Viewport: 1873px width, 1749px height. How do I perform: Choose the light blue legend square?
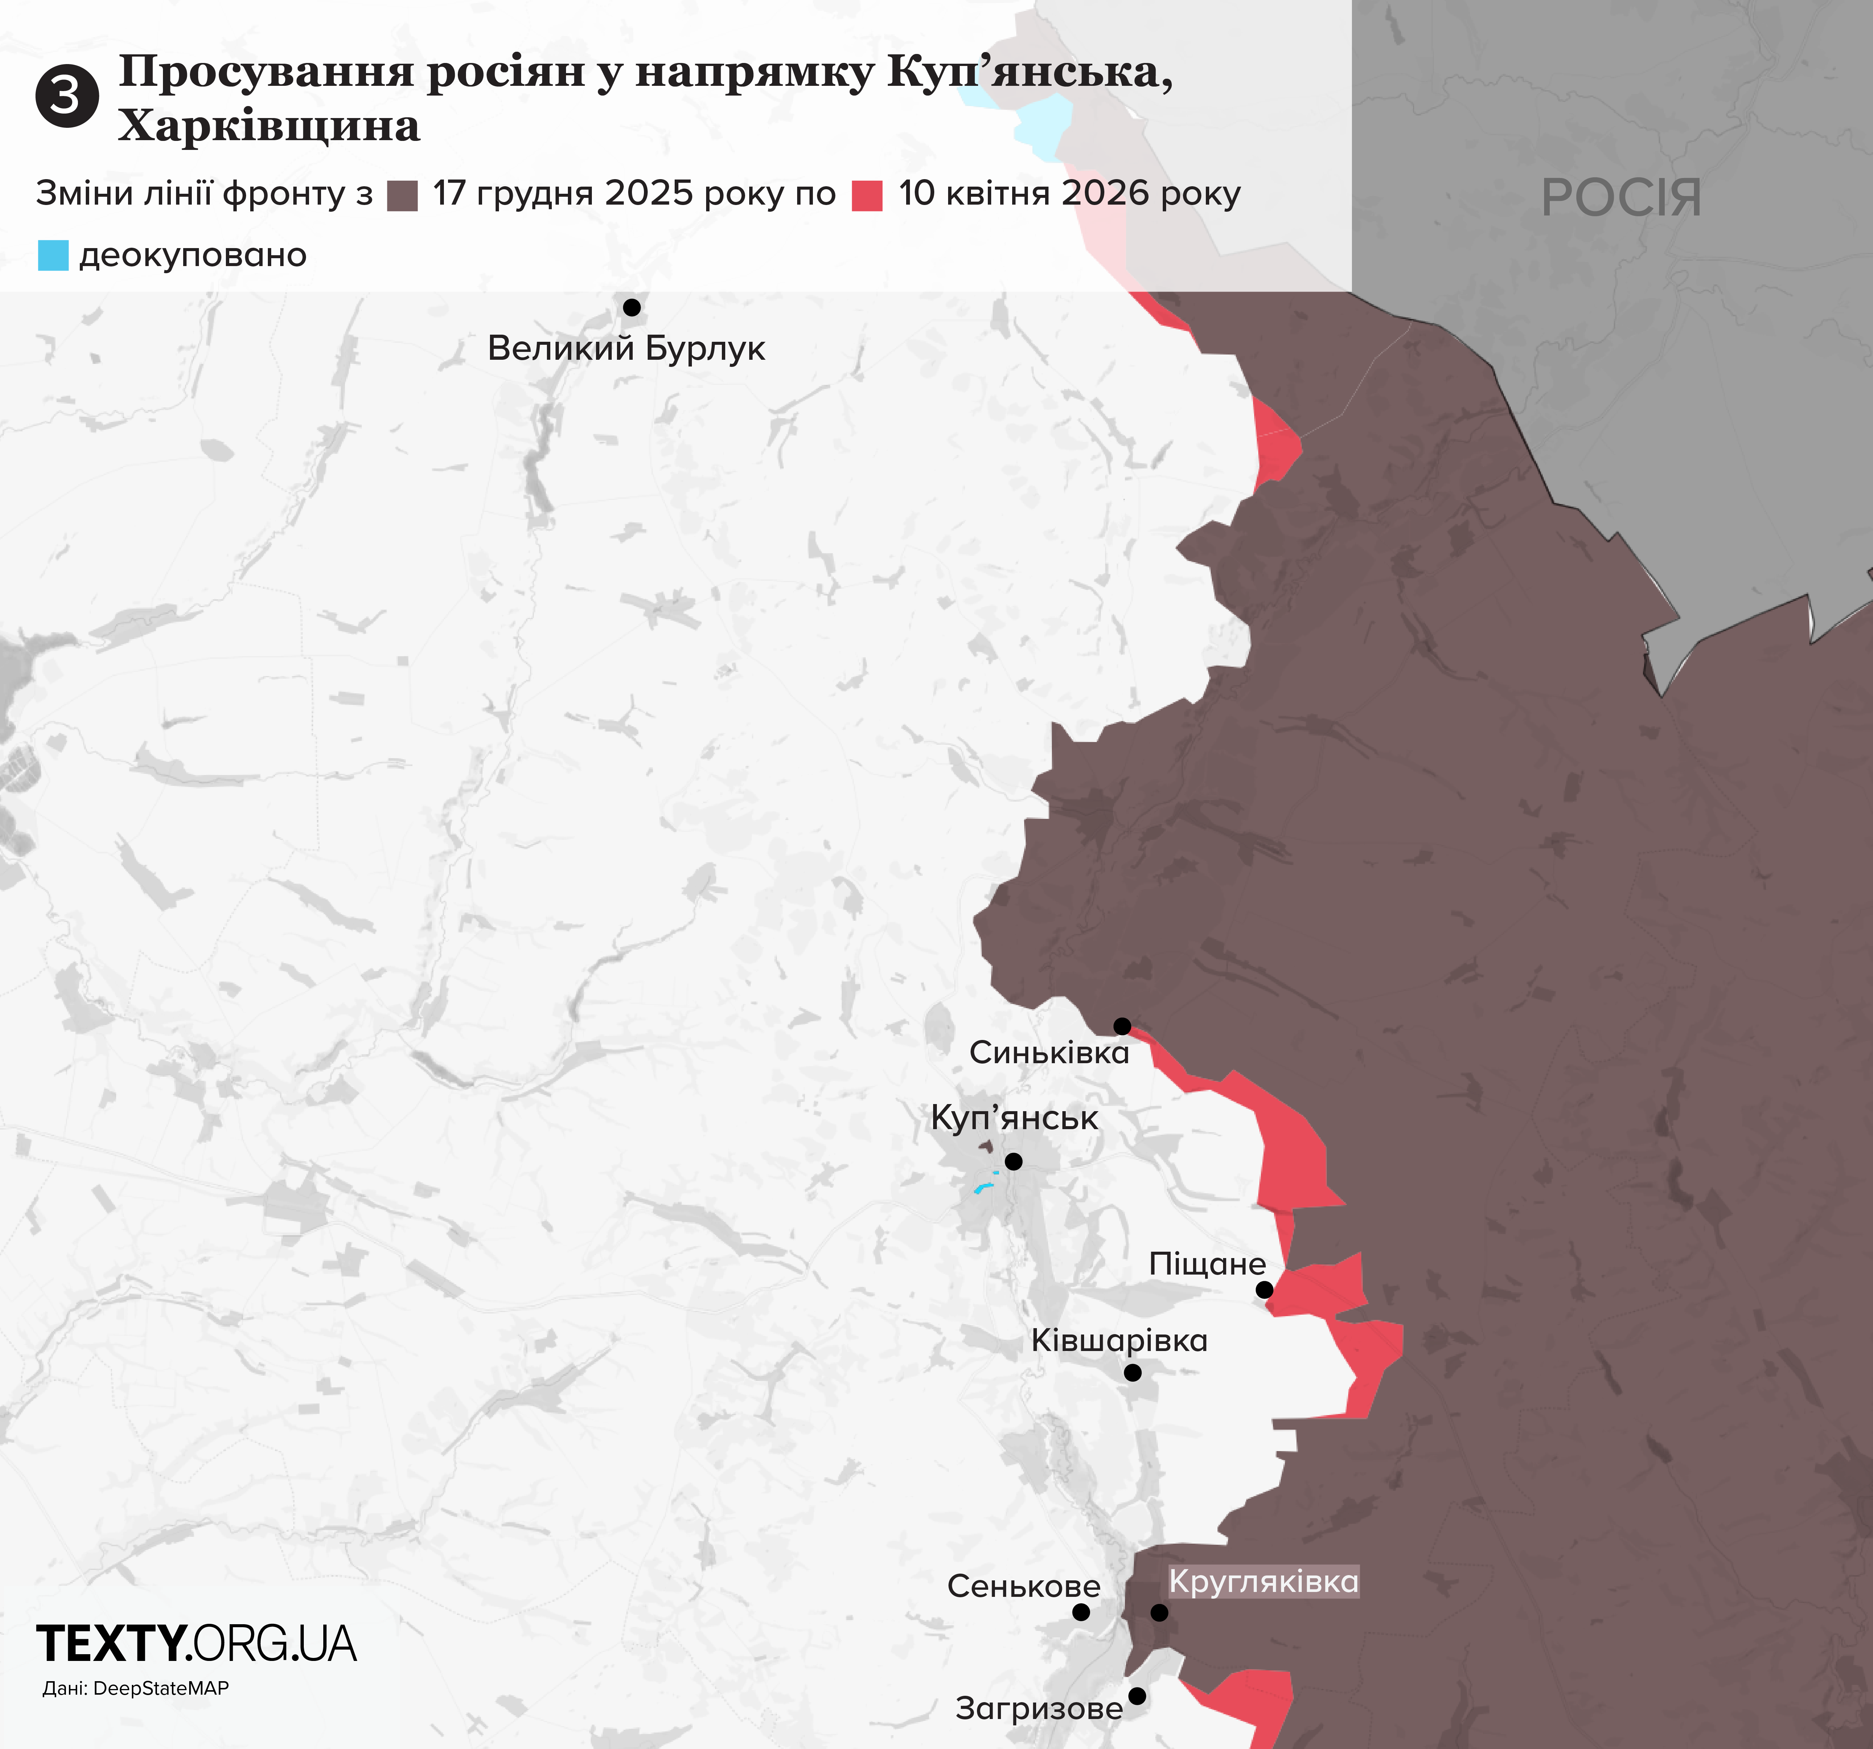53,255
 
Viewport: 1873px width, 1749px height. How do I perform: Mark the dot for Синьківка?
1122,1026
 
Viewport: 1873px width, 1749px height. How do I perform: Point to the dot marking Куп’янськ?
1014,1162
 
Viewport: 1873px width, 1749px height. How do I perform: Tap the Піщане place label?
1207,1264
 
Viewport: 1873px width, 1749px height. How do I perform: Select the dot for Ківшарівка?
1132,1373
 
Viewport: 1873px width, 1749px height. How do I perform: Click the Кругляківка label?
1264,1581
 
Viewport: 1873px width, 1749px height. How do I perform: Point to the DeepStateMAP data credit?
136,1688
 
